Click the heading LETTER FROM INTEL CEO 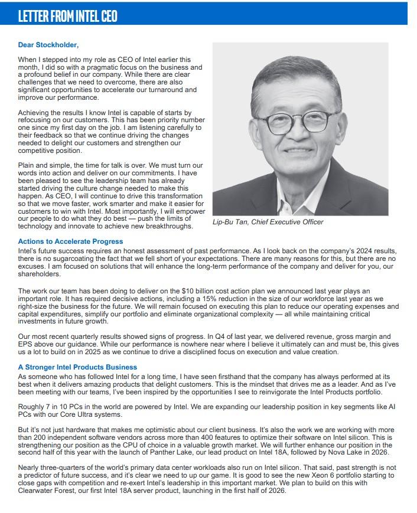(68, 16)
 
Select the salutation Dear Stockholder (48, 45)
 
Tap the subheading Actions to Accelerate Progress (70, 241)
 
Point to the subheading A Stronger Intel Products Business (77, 367)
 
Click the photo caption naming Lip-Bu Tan (268, 222)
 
